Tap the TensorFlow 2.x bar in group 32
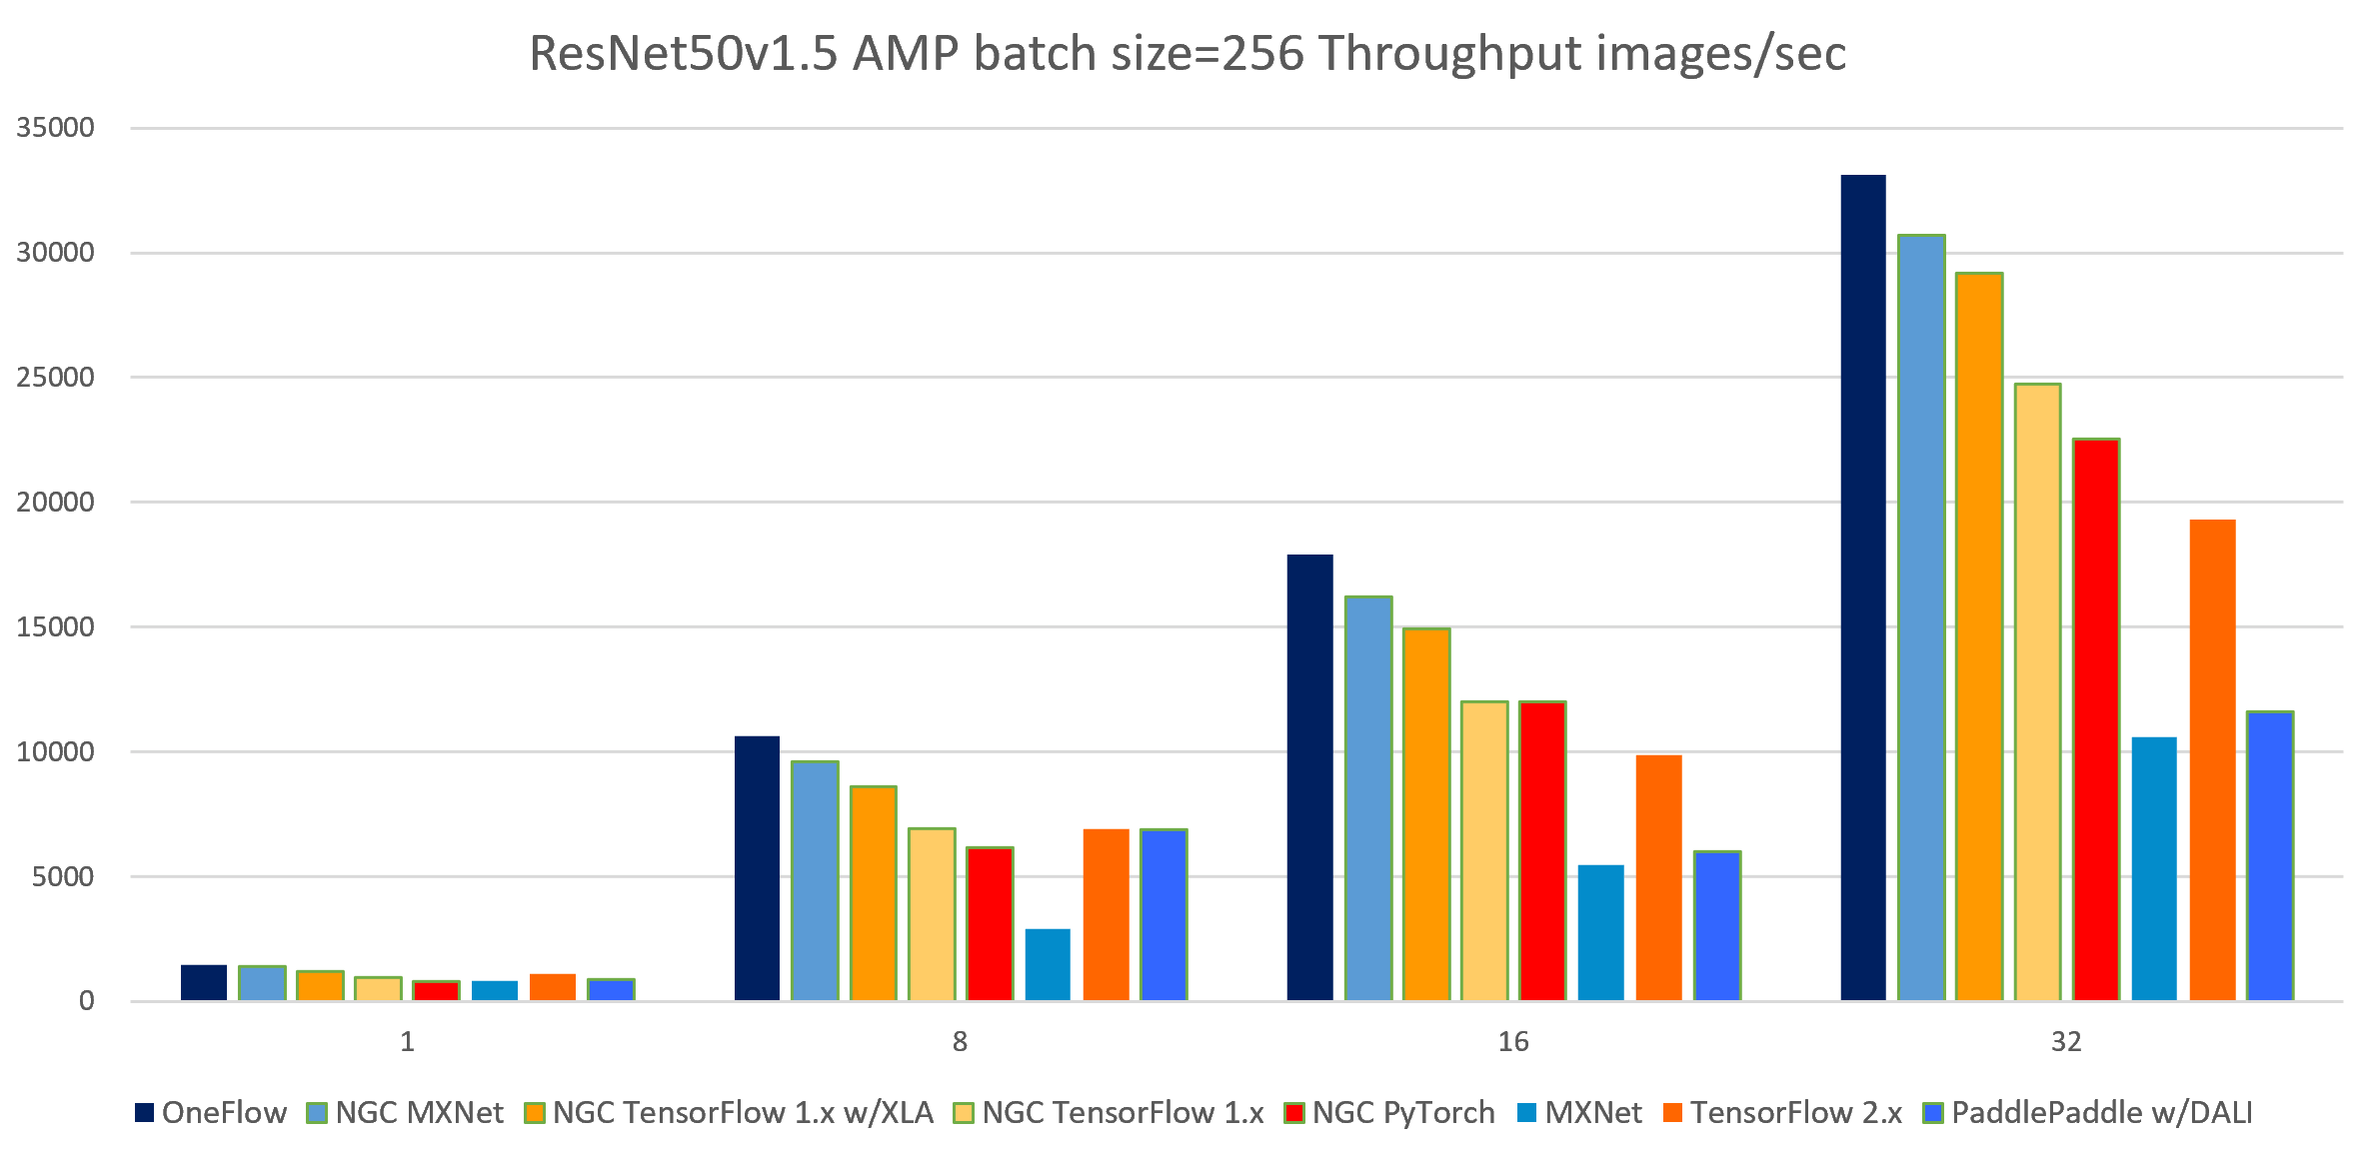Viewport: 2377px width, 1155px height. [x=2212, y=759]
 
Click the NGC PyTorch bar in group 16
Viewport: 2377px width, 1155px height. [x=1542, y=850]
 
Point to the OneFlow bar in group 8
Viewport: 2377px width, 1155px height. [x=757, y=868]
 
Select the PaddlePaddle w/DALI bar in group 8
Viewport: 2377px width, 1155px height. [x=1164, y=914]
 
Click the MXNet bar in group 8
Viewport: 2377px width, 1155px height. [x=1048, y=964]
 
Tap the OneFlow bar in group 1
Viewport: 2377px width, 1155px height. [x=204, y=982]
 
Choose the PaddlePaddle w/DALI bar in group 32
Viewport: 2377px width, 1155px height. [x=2270, y=855]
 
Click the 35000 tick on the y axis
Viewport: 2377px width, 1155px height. [x=55, y=128]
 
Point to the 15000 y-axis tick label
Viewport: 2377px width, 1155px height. [x=55, y=627]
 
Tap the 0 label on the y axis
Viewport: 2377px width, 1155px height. [x=87, y=1001]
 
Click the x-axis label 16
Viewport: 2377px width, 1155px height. [x=1513, y=1042]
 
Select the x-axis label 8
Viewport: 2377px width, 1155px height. [x=960, y=1042]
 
